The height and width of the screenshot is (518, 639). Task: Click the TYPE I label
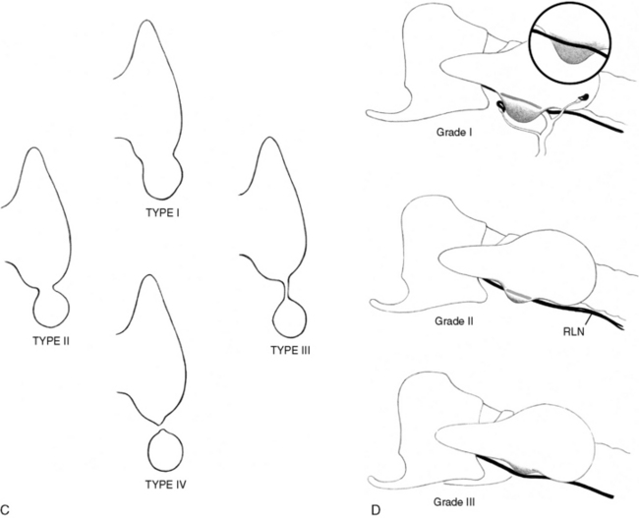(163, 212)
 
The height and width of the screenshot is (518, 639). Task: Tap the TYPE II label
(51, 341)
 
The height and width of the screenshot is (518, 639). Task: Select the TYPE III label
(291, 350)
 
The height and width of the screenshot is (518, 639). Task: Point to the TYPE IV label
(165, 485)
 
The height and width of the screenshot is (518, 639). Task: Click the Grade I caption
(454, 133)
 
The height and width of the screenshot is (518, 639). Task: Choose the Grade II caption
(454, 321)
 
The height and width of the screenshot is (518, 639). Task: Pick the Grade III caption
(454, 501)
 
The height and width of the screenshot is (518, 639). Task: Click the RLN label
(574, 332)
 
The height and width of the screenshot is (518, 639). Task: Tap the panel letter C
(5, 509)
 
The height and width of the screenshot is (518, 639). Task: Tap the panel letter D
(376, 509)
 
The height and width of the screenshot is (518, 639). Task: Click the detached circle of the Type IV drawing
(165, 450)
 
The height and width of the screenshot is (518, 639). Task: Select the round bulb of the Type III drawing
(290, 319)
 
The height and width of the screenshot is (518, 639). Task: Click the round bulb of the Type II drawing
(52, 309)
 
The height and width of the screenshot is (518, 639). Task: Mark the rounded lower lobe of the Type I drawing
(162, 179)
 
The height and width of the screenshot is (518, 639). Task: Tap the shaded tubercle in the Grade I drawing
(522, 109)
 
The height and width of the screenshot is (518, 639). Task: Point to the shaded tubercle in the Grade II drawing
(517, 295)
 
